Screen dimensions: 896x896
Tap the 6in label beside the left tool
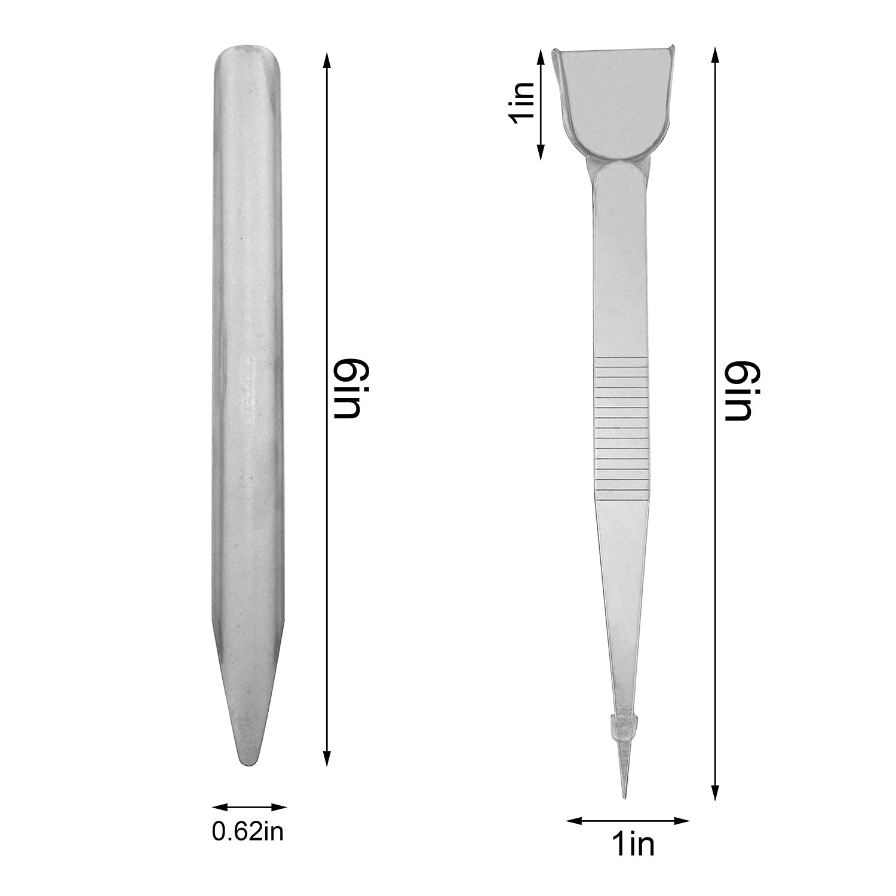point(346,388)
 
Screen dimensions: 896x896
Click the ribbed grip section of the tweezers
point(621,427)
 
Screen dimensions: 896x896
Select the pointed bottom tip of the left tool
point(248,759)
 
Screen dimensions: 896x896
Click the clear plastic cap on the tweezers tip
point(622,726)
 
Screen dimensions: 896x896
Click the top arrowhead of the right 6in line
point(716,53)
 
